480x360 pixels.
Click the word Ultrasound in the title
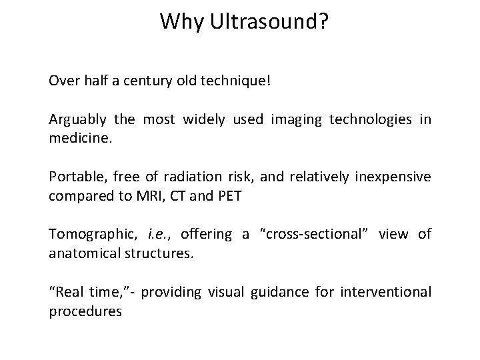(x=267, y=23)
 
